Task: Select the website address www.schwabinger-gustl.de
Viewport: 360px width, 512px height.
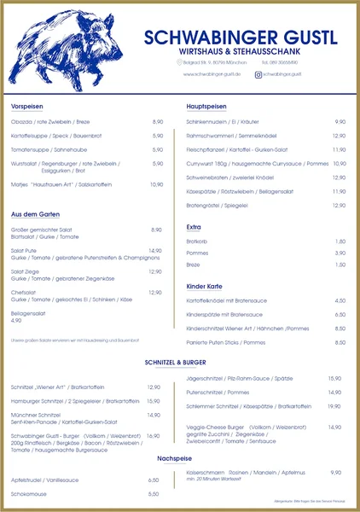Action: (x=212, y=75)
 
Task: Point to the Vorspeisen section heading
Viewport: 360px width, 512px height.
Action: (x=27, y=106)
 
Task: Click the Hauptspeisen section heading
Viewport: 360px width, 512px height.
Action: (x=206, y=106)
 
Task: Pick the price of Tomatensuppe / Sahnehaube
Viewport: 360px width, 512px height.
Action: (x=158, y=148)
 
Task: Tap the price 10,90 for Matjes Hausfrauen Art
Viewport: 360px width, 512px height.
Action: (x=156, y=184)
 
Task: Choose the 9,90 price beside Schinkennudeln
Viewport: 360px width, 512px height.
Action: (x=340, y=122)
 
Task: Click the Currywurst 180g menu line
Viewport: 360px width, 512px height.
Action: (x=257, y=163)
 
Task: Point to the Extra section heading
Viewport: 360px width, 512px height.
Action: (x=194, y=227)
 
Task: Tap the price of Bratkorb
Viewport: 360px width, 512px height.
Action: (x=340, y=241)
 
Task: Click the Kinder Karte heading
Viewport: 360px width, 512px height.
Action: (x=204, y=285)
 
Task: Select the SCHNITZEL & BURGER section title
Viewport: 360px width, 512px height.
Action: (x=179, y=361)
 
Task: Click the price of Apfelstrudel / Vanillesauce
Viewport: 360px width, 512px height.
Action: (x=154, y=480)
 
